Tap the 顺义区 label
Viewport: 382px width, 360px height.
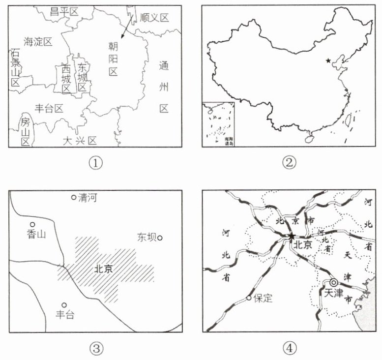[154, 18]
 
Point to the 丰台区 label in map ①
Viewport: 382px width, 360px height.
[50, 108]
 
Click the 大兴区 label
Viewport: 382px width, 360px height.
[80, 141]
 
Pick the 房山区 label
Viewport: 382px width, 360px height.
[25, 131]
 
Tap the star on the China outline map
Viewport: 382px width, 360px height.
[328, 61]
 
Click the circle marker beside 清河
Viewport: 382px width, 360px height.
[74, 197]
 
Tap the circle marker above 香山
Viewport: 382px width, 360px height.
[33, 224]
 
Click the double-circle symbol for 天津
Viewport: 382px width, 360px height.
[334, 283]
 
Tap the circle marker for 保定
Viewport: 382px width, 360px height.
[249, 298]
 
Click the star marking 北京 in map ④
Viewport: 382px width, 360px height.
[292, 237]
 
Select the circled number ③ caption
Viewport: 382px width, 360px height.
[95, 348]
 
